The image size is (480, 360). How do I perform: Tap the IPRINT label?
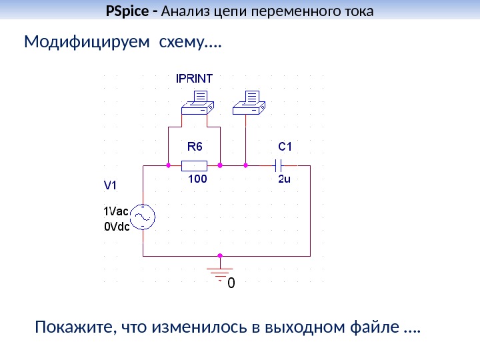point(195,78)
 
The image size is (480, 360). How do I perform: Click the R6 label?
point(193,145)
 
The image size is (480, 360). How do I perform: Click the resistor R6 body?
point(195,164)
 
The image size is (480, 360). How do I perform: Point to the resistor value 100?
point(197,179)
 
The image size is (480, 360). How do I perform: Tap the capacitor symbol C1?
point(281,164)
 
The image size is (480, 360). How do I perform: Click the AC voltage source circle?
point(143,216)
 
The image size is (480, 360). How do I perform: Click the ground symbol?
point(220,272)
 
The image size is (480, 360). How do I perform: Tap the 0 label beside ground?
point(231,283)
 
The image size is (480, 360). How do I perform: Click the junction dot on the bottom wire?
point(220,255)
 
